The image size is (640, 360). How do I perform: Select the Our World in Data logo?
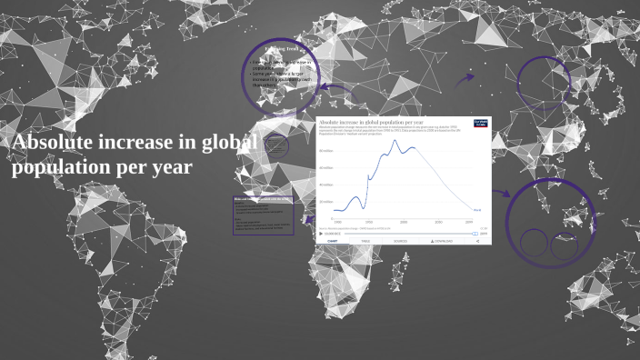480,124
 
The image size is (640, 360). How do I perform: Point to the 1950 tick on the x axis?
369,222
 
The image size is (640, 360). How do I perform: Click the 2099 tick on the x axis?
469,222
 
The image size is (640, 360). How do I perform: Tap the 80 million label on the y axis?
326,151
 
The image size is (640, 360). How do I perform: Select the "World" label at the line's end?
476,210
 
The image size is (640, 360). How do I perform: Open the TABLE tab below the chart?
365,241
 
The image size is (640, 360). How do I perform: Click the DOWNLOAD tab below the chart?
442,241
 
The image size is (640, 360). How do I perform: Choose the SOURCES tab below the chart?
400,241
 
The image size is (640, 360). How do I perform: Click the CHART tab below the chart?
333,241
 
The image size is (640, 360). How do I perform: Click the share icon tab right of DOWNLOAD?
477,241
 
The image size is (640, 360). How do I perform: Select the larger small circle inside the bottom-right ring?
535,242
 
